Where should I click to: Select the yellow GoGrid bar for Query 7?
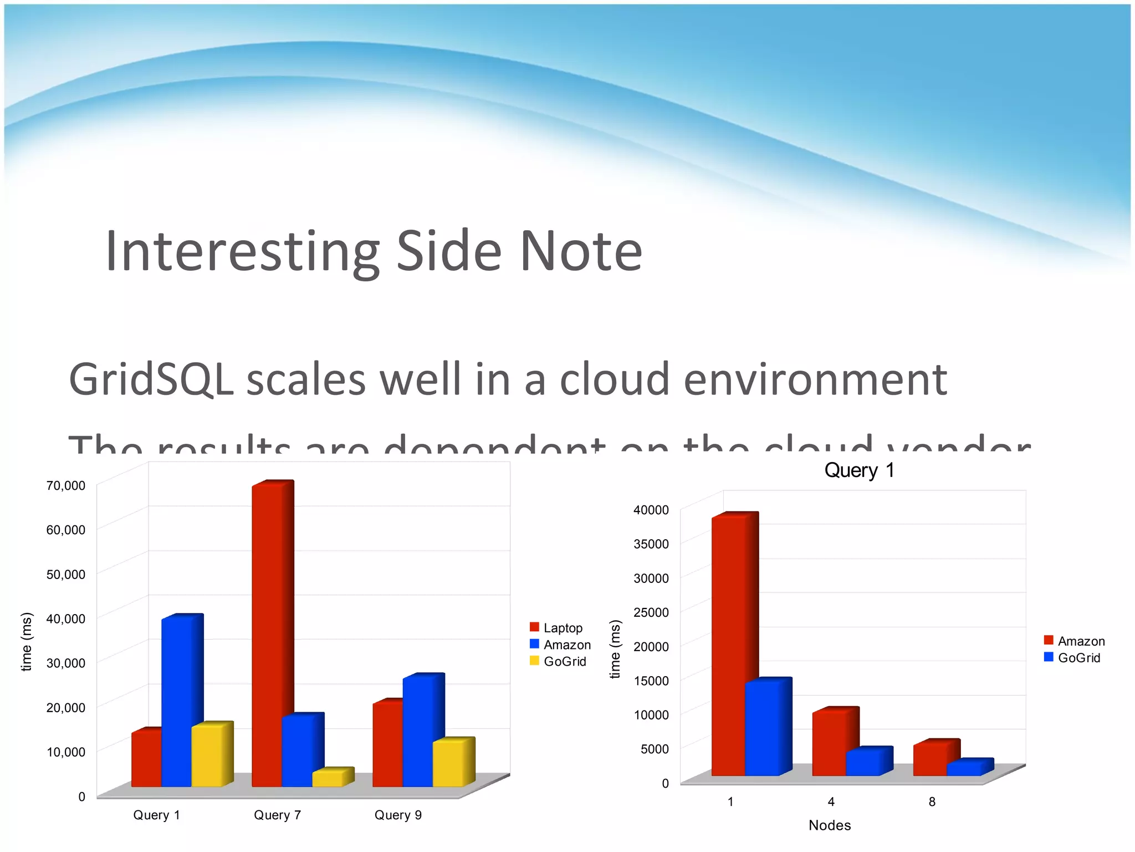click(x=328, y=778)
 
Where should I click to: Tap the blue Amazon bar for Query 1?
click(x=176, y=702)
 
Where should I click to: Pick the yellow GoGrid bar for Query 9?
click(x=448, y=763)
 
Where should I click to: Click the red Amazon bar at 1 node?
click(x=728, y=646)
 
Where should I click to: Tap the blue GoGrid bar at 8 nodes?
click(x=964, y=769)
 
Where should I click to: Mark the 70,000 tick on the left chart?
click(x=66, y=485)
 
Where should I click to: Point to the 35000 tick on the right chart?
click(x=651, y=544)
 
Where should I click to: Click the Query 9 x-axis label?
click(x=398, y=815)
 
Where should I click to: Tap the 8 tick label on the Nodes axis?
click(x=932, y=802)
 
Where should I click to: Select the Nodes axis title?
click(x=830, y=825)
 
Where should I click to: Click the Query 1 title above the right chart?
click(x=859, y=470)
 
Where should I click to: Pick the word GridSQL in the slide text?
click(x=151, y=379)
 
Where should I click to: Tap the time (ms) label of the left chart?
click(x=26, y=641)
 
